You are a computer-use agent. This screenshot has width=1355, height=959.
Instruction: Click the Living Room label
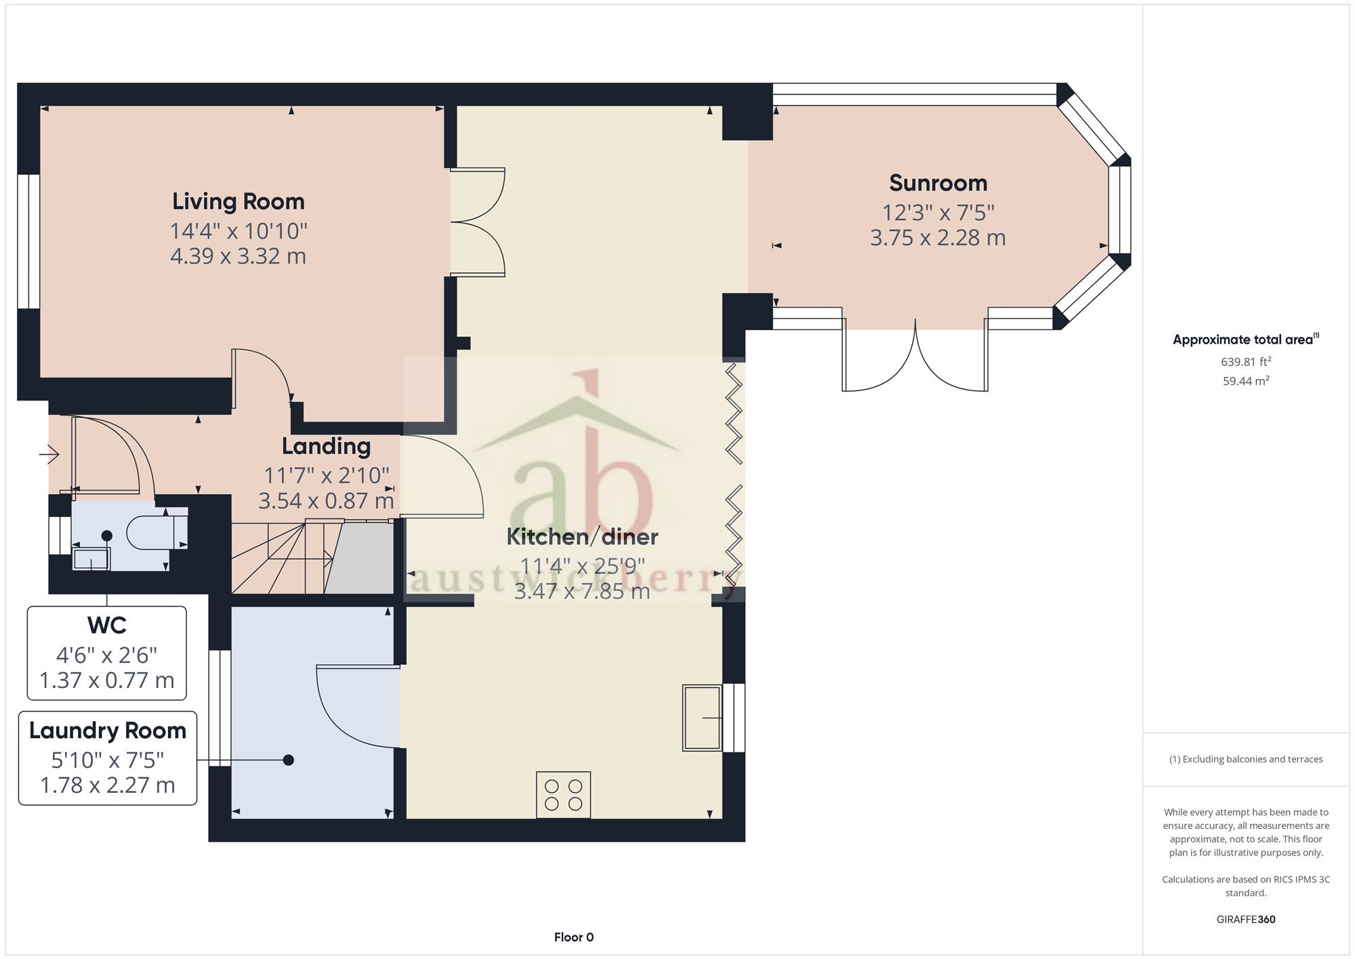(238, 201)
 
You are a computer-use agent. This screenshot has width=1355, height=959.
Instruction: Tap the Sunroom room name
(938, 183)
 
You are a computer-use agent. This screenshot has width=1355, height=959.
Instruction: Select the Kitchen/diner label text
(583, 537)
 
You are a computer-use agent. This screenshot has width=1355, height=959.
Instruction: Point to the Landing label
(326, 447)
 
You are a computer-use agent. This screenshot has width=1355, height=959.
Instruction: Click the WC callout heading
(107, 625)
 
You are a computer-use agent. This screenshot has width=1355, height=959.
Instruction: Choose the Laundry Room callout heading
(108, 731)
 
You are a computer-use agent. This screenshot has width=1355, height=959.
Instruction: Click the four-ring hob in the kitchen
(563, 795)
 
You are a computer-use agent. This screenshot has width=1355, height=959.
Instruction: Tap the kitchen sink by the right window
(703, 718)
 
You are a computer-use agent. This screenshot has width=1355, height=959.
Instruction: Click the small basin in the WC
(91, 560)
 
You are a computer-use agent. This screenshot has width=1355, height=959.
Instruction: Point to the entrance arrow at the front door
(49, 453)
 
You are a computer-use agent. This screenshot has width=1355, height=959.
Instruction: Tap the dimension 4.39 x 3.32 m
(238, 257)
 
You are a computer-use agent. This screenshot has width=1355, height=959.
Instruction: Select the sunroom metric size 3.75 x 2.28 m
(938, 238)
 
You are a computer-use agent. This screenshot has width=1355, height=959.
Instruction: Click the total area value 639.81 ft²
(1246, 361)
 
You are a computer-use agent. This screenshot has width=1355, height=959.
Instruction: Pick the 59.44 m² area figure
(1246, 381)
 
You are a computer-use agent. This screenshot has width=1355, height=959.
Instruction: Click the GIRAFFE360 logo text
(1246, 920)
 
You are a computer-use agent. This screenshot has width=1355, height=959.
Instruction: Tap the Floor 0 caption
(574, 937)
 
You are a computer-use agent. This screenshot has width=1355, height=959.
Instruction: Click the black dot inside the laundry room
(289, 760)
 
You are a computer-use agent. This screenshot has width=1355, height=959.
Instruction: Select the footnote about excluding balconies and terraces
(1246, 759)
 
